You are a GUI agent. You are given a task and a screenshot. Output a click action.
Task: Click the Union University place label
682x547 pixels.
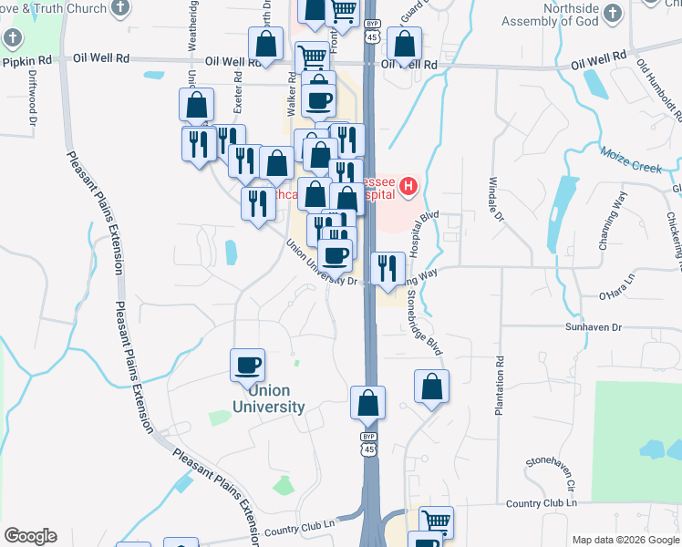click(268, 397)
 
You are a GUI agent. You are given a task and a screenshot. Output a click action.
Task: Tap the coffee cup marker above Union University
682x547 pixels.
click(248, 366)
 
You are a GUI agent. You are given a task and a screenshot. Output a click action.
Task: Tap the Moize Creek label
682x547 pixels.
click(631, 160)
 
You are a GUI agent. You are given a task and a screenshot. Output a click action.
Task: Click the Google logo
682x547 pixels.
click(30, 536)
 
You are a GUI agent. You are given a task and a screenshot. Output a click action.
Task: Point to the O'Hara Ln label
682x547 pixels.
click(615, 294)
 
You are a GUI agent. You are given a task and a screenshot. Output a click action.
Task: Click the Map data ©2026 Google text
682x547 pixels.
click(624, 540)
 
